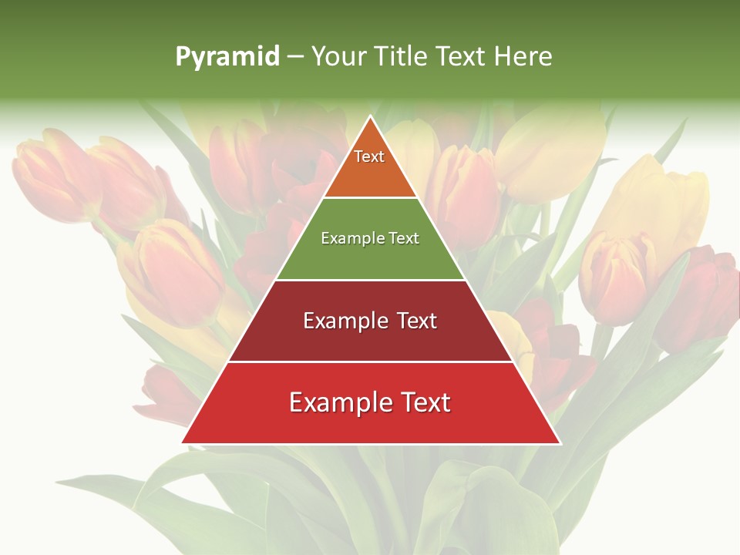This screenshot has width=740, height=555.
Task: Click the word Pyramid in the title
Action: [x=227, y=57]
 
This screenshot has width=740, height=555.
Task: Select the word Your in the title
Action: [x=337, y=56]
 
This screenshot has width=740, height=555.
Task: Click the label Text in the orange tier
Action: [x=369, y=156]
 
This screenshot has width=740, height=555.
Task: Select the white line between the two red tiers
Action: [x=370, y=362]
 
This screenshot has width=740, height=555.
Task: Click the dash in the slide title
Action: [x=294, y=57]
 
